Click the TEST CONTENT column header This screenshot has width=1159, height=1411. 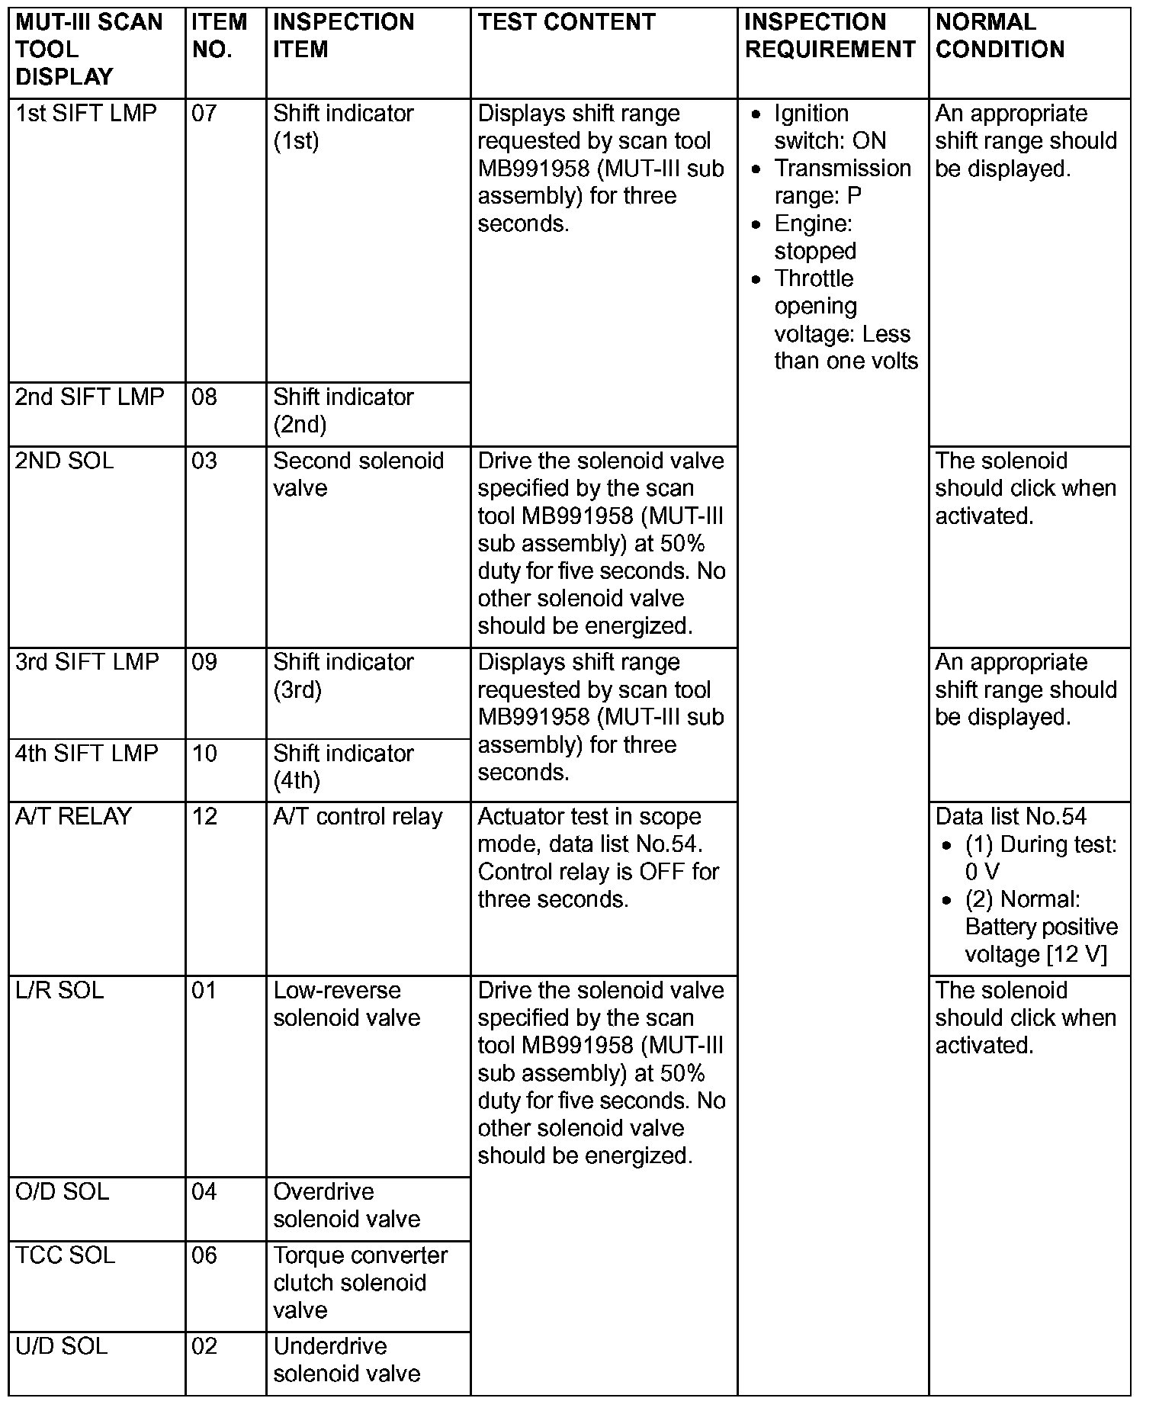[567, 22]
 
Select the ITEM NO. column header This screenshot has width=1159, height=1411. [220, 36]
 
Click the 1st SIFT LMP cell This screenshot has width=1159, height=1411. [86, 114]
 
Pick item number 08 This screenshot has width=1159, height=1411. [204, 397]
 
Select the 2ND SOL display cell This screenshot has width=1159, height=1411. [65, 461]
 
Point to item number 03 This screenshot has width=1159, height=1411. [204, 461]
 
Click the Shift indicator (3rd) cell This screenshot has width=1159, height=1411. [343, 676]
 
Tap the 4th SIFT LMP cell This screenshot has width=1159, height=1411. [87, 754]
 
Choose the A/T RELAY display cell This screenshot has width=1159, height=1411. [73, 817]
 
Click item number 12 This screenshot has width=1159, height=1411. [204, 817]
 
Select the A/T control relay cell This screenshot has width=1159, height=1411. [358, 817]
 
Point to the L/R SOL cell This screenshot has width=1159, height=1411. [59, 991]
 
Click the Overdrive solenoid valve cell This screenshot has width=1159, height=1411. [347, 1205]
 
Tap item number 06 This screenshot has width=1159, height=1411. [204, 1255]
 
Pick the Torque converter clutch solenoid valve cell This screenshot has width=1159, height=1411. [360, 1283]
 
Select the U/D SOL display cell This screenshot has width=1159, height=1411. [62, 1346]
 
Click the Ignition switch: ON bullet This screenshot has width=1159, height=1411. [830, 127]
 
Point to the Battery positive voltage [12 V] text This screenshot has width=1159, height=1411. [1041, 940]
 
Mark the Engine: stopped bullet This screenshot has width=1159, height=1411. [814, 237]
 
